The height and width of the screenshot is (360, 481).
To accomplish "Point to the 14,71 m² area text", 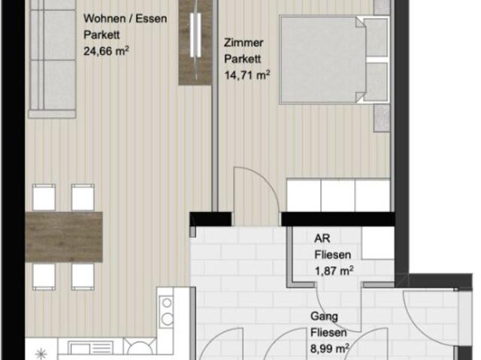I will coord(247,75).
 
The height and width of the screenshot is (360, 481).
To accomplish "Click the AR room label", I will coord(321,239).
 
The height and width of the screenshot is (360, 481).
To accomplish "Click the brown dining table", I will coord(64,236).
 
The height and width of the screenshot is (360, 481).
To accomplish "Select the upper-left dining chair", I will coord(44,198).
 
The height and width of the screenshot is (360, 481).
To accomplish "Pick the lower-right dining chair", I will coord(83,276).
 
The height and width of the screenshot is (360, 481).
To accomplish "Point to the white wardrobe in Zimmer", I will coord(338,195).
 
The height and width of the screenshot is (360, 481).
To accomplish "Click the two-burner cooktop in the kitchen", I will coord(168,310).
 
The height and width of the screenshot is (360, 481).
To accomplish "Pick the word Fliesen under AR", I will coord(332,255).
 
